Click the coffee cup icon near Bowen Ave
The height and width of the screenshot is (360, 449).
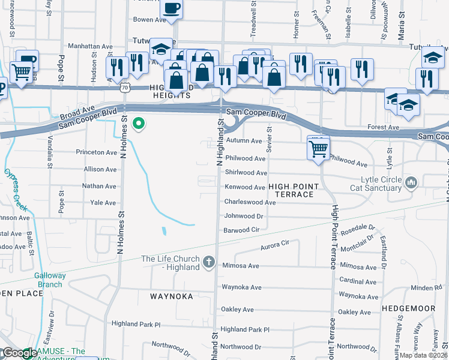click(172, 9)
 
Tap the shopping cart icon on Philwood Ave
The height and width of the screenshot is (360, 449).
click(318, 148)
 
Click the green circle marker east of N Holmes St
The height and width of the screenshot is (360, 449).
click(139, 124)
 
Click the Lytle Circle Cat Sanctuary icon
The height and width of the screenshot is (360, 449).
click(412, 182)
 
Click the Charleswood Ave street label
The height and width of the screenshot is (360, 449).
click(250, 203)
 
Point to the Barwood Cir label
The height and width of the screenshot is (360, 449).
click(241, 230)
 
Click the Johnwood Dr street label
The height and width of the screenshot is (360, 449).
click(244, 216)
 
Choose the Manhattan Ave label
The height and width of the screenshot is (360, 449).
click(91, 46)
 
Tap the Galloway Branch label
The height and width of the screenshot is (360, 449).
click(51, 280)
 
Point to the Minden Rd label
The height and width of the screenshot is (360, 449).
click(426, 288)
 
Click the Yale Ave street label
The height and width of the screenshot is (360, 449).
click(103, 203)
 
